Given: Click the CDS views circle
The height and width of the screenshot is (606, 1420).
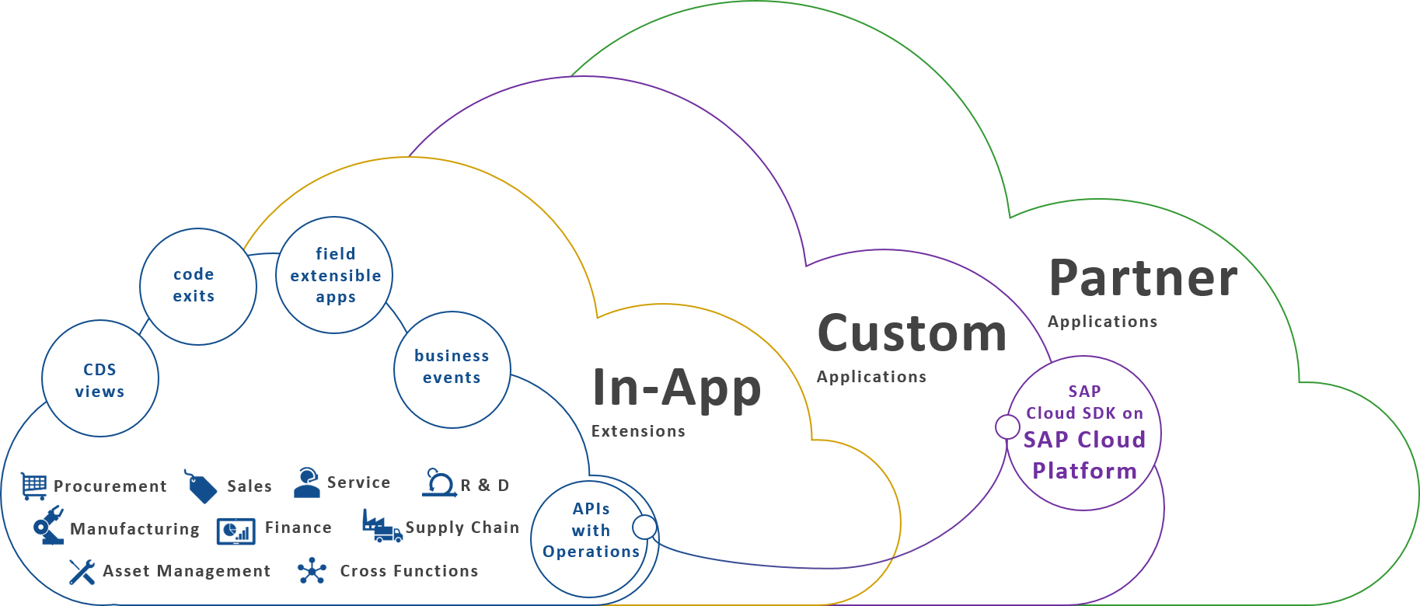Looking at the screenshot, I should pyautogui.click(x=100, y=379).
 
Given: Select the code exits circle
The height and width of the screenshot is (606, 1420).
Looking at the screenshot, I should pyautogui.click(x=197, y=286).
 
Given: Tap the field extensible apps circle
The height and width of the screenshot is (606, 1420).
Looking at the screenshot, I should pyautogui.click(x=334, y=275).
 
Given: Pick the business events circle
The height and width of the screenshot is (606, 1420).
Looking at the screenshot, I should pyautogui.click(x=452, y=368).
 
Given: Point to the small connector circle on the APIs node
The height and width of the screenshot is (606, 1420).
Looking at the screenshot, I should pyautogui.click(x=644, y=527).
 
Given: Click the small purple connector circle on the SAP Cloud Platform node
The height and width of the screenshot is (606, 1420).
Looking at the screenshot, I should pyautogui.click(x=1007, y=427).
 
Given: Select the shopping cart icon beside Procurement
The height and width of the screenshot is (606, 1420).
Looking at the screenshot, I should pyautogui.click(x=34, y=486).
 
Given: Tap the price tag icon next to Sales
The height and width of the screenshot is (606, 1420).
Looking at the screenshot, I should pyautogui.click(x=201, y=486).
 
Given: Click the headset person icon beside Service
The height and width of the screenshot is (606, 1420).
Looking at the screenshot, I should pyautogui.click(x=307, y=482).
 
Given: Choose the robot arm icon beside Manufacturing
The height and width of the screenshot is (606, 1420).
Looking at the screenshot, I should pyautogui.click(x=48, y=526).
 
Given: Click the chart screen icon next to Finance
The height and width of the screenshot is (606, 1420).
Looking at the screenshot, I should pyautogui.click(x=236, y=531).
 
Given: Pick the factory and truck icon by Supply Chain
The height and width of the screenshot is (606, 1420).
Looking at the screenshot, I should pyautogui.click(x=382, y=527).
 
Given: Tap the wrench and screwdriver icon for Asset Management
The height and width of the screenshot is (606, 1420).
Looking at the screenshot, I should pyautogui.click(x=82, y=572).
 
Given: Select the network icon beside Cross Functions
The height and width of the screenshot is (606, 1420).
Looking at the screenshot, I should pyautogui.click(x=312, y=571).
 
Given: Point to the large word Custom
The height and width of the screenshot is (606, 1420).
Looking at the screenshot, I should pyautogui.click(x=912, y=333).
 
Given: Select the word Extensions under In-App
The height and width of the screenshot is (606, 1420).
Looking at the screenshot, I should pyautogui.click(x=638, y=431).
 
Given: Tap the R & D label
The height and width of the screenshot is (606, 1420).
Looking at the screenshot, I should pyautogui.click(x=484, y=486).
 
